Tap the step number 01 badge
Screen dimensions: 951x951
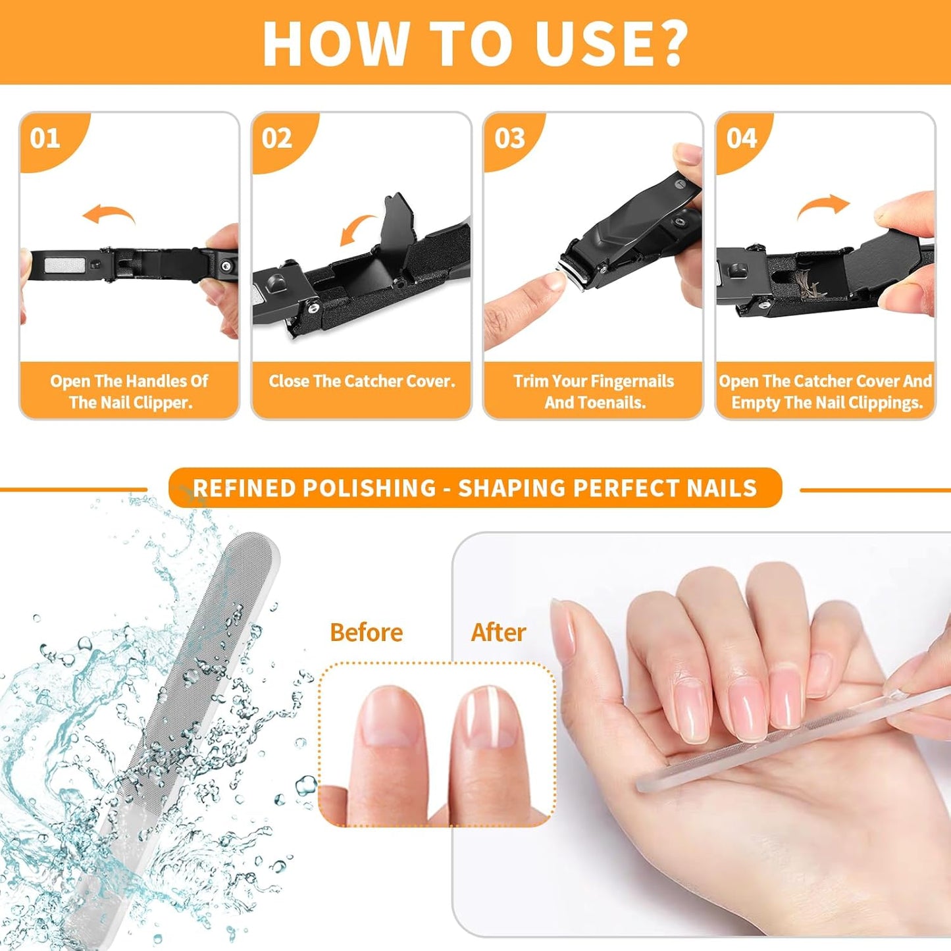45,138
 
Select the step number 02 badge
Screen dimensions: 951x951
276,138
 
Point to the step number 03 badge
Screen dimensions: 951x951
509,138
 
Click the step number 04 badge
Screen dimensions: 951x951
742,138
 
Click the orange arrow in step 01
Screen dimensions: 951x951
109,215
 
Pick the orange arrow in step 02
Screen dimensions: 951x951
359,230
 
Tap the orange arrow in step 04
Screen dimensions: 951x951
823,207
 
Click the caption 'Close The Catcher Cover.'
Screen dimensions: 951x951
361,381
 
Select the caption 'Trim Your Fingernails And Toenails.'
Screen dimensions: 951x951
594,392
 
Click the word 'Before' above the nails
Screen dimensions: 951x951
366,632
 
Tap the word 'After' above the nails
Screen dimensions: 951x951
498,632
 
